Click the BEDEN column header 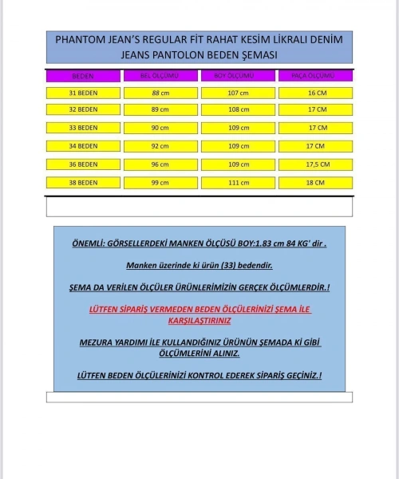tap(83, 76)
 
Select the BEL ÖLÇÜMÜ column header tap(160, 76)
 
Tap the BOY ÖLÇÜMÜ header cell tap(237, 76)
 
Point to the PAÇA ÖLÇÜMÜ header tap(315, 76)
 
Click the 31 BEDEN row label tap(83, 93)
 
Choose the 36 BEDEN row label tap(83, 164)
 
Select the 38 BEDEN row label tap(83, 183)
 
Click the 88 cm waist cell tap(160, 93)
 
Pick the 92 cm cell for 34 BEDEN tap(160, 146)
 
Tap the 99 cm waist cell tap(160, 183)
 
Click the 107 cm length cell tap(237, 93)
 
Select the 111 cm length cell tap(237, 183)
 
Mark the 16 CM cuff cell tap(315, 93)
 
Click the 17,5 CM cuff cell tap(315, 164)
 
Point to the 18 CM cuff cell tap(315, 183)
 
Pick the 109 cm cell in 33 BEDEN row tap(237, 128)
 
